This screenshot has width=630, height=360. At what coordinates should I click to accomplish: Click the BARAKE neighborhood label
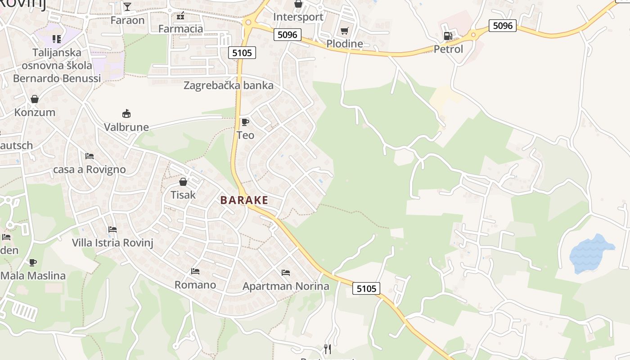click(x=244, y=200)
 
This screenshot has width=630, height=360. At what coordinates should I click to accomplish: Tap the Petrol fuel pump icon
click(x=448, y=36)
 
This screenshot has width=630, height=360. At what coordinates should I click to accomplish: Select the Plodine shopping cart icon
click(x=345, y=31)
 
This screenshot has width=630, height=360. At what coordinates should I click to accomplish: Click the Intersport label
click(x=298, y=17)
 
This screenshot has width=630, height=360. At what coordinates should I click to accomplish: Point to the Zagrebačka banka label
click(x=228, y=85)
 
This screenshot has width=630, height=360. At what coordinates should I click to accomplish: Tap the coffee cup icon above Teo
click(x=245, y=122)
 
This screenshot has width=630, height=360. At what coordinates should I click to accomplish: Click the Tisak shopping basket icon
click(x=183, y=182)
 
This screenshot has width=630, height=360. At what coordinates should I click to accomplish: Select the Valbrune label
click(x=126, y=127)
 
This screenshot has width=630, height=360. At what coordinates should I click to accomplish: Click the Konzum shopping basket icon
click(x=35, y=99)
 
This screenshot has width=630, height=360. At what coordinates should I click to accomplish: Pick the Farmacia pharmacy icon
click(x=180, y=16)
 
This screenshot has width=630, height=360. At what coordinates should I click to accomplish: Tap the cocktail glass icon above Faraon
click(x=127, y=6)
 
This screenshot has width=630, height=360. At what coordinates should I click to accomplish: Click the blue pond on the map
click(x=590, y=253)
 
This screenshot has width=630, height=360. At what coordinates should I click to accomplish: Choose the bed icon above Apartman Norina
click(x=286, y=272)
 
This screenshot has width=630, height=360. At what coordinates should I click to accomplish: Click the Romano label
click(x=195, y=285)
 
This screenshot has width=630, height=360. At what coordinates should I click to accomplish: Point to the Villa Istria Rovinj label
click(x=113, y=243)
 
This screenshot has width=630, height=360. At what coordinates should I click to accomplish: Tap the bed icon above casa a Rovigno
click(x=90, y=156)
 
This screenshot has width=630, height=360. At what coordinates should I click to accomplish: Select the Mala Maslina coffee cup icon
click(x=33, y=262)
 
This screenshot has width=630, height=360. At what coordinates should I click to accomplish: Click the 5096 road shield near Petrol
click(x=503, y=26)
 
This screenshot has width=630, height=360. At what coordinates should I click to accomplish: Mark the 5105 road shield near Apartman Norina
click(x=366, y=288)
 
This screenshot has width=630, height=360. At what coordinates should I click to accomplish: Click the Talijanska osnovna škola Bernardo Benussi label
click(x=57, y=65)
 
